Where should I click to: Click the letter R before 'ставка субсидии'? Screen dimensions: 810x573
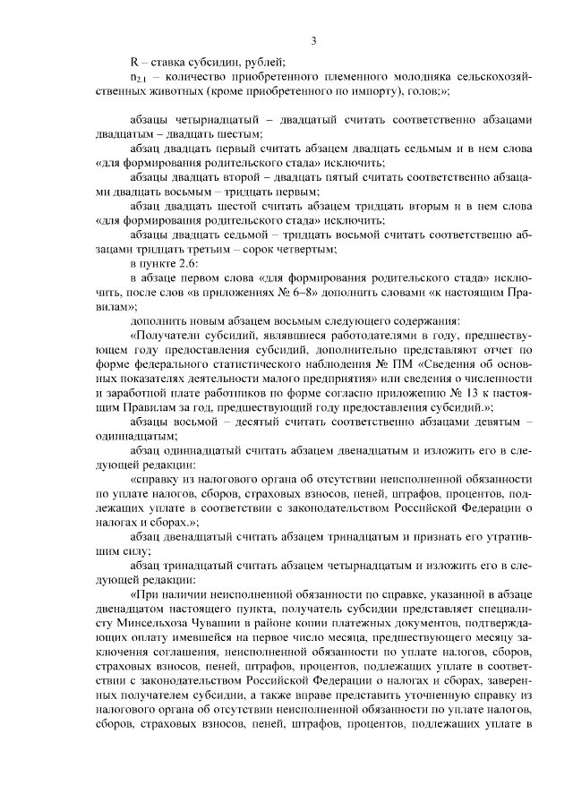point(134,62)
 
